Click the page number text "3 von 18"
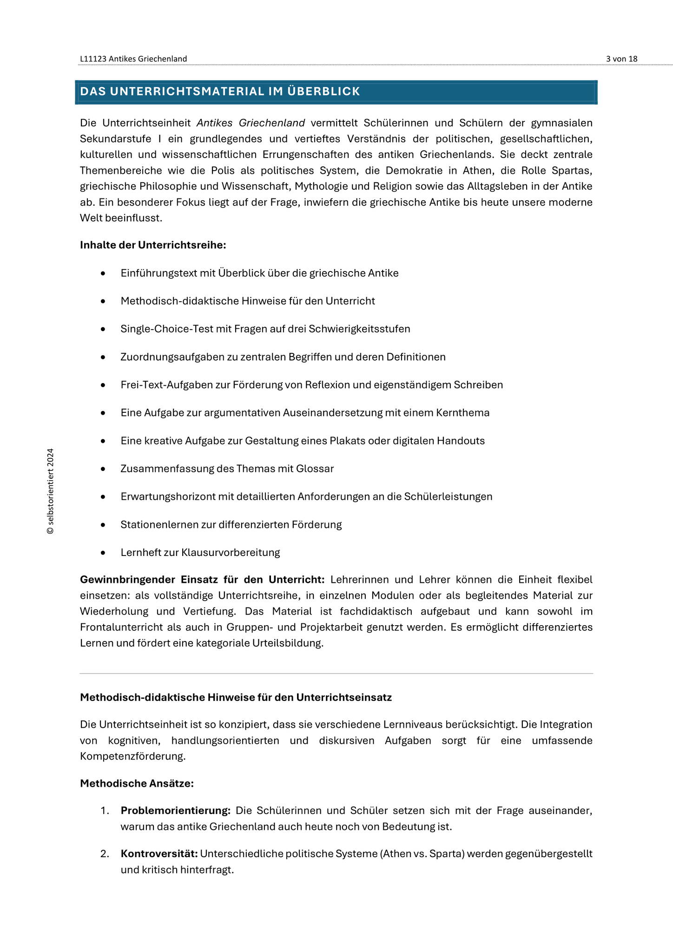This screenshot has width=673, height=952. pyautogui.click(x=621, y=59)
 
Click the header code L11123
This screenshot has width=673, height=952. pyautogui.click(x=93, y=59)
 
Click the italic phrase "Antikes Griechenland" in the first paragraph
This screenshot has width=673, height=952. pyautogui.click(x=251, y=123)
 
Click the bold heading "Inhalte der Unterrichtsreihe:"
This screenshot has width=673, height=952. pyautogui.click(x=153, y=245)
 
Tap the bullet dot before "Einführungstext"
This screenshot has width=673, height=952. pyautogui.click(x=103, y=273)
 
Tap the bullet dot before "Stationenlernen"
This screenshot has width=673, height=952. pyautogui.click(x=103, y=525)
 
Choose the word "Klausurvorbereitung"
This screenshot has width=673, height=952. pyautogui.click(x=231, y=553)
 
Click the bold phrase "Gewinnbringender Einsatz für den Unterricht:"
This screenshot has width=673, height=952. pyautogui.click(x=202, y=580)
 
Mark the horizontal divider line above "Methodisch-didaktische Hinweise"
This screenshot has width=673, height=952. pyautogui.click(x=336, y=673)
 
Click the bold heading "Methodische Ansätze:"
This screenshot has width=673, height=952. pyautogui.click(x=137, y=784)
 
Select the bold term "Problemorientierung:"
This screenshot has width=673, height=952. pyautogui.click(x=176, y=811)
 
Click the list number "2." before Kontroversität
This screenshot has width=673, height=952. pyautogui.click(x=105, y=854)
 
